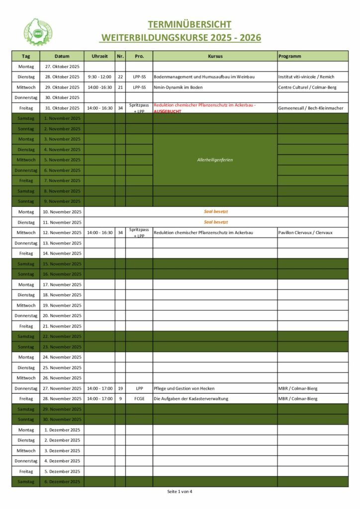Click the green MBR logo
tap(38, 31)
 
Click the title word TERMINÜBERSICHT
tap(189, 24)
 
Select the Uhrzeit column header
tap(99, 56)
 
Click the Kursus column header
tap(215, 56)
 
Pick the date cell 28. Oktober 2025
tap(62, 77)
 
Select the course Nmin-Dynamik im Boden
tap(179, 87)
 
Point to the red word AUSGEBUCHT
tap(168, 111)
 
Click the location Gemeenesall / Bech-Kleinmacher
tap(311, 108)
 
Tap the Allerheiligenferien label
tap(215, 160)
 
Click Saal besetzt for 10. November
tap(216, 212)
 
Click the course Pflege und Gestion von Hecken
tap(184, 388)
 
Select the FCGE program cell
tap(139, 399)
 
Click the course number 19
tap(120, 388)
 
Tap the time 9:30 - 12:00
tap(99, 77)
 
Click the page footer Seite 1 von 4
tap(180, 492)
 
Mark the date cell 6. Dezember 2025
tap(62, 482)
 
